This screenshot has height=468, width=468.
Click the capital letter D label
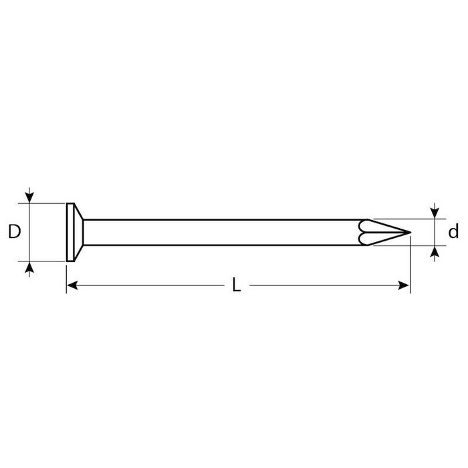click(x=14, y=232)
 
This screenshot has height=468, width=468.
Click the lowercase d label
click(x=453, y=231)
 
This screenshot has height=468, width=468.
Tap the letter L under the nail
click(x=237, y=284)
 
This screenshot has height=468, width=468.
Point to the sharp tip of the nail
click(x=411, y=232)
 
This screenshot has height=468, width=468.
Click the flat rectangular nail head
click(x=70, y=232)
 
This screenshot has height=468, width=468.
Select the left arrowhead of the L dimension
click(x=72, y=285)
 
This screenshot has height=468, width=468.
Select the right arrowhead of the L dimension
click(x=404, y=285)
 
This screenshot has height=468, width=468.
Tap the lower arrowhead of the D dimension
click(x=29, y=267)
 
